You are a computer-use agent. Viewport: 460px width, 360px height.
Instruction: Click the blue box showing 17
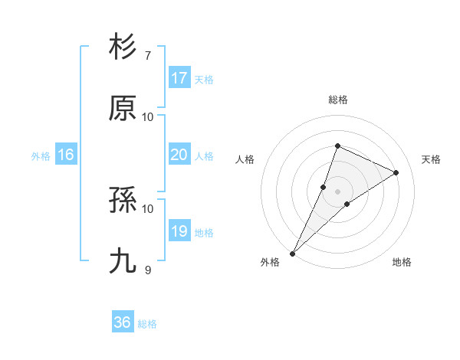point(179,78)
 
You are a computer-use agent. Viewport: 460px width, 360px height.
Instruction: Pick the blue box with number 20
point(179,155)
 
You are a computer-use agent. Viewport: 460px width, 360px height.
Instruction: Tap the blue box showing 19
point(179,231)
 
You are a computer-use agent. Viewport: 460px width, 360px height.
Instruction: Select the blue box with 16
point(66,155)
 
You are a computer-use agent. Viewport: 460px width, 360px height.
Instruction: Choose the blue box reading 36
point(123,322)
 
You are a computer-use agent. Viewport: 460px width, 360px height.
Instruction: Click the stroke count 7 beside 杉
point(148,55)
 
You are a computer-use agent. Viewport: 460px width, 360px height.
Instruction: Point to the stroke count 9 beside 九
point(148,270)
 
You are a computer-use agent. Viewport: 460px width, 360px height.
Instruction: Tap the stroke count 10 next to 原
point(148,116)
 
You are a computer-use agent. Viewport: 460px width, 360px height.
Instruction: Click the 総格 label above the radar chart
point(338,100)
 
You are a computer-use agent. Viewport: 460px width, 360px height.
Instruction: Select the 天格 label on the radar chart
point(432,159)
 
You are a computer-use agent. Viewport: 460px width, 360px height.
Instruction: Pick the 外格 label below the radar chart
point(270,262)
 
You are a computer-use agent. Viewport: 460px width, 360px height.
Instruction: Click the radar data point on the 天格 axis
point(396,172)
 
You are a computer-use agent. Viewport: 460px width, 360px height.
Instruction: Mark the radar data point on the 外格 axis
point(293,253)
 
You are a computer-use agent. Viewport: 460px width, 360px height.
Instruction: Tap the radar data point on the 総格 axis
point(337,146)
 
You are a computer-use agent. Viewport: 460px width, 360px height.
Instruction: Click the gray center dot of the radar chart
point(337,191)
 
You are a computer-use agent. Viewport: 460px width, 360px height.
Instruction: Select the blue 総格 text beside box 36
point(148,324)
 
